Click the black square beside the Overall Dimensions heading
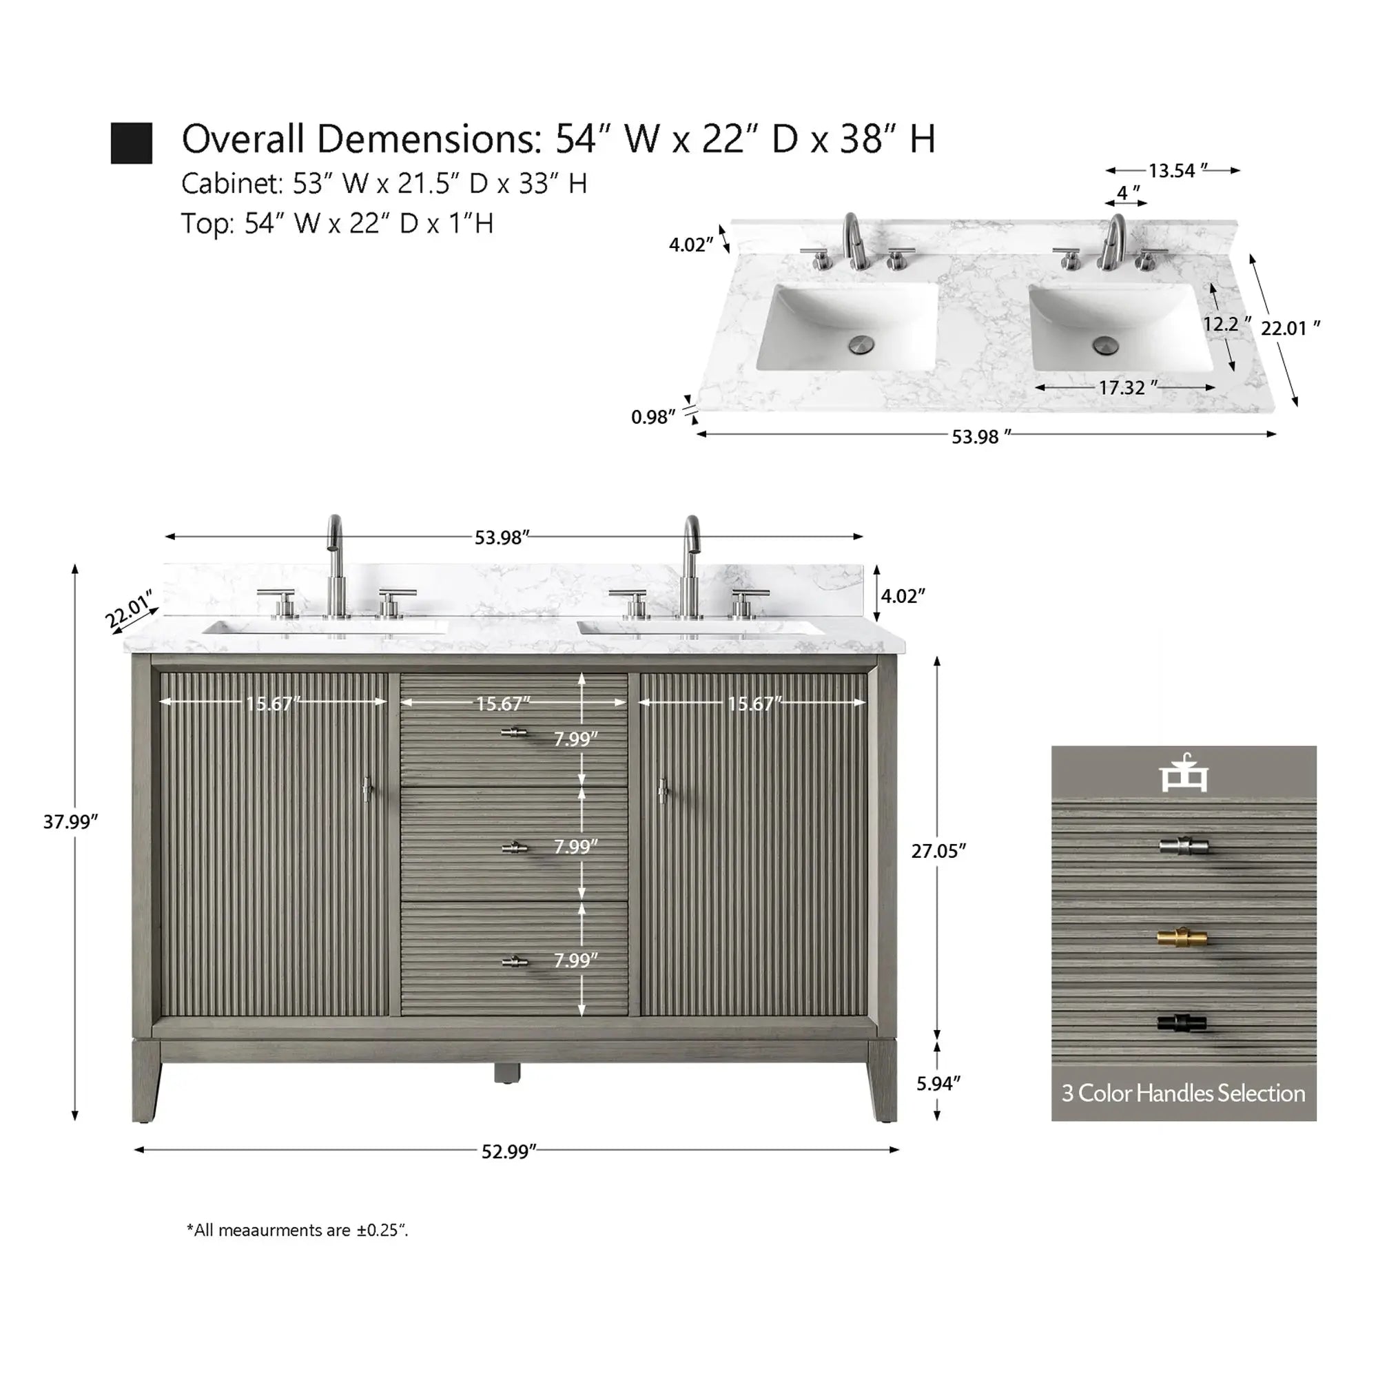(131, 143)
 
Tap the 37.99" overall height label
(70, 822)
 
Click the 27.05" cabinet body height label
(938, 851)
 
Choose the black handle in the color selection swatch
(1182, 1022)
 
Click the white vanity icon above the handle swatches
(1183, 773)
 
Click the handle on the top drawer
(514, 732)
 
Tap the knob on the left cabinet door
(368, 790)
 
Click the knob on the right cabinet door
(663, 790)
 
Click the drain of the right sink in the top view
(1107, 344)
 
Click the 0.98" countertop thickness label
(653, 417)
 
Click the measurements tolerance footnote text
(298, 1231)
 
